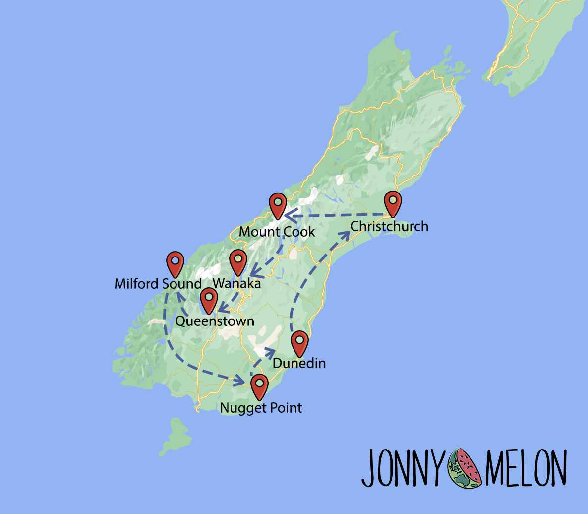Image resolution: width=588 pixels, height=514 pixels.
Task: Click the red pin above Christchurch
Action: pyautogui.click(x=393, y=202)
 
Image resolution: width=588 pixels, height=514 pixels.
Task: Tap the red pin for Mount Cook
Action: pyautogui.click(x=278, y=205)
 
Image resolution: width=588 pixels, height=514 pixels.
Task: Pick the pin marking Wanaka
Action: pyautogui.click(x=238, y=261)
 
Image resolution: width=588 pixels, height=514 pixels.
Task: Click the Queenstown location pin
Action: pyautogui.click(x=209, y=300)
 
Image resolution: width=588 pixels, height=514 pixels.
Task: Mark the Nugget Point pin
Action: pyautogui.click(x=259, y=386)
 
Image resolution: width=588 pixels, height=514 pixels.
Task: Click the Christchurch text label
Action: pyautogui.click(x=389, y=226)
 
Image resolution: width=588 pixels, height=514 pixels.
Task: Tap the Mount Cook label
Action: pyautogui.click(x=277, y=232)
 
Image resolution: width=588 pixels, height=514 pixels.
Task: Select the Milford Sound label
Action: pyautogui.click(x=158, y=284)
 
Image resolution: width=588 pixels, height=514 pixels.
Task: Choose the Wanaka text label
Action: pyautogui.click(x=236, y=284)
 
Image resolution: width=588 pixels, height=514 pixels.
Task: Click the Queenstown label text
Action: pyautogui.click(x=215, y=321)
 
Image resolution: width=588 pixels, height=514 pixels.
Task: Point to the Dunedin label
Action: pyautogui.click(x=299, y=363)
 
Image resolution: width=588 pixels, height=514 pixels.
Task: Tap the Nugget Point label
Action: pyautogui.click(x=261, y=408)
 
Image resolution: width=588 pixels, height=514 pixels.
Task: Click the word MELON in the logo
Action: pyautogui.click(x=526, y=468)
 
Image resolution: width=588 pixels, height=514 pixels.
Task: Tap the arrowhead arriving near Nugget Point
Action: pyautogui.click(x=240, y=381)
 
